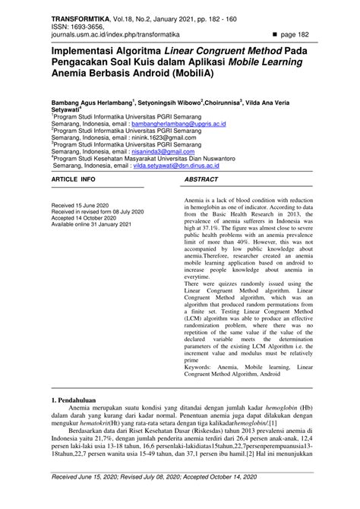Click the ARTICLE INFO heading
click(73, 181)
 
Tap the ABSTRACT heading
click(202, 181)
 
